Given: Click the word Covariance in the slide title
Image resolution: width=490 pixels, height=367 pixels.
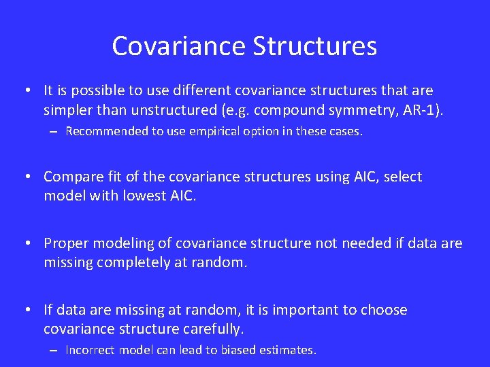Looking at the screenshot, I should [178, 46].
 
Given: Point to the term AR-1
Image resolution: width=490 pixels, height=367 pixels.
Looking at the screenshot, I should [423, 110].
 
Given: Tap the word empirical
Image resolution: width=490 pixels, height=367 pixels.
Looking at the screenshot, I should [203, 131].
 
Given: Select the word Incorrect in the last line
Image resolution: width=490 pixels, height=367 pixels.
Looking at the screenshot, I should [91, 351].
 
